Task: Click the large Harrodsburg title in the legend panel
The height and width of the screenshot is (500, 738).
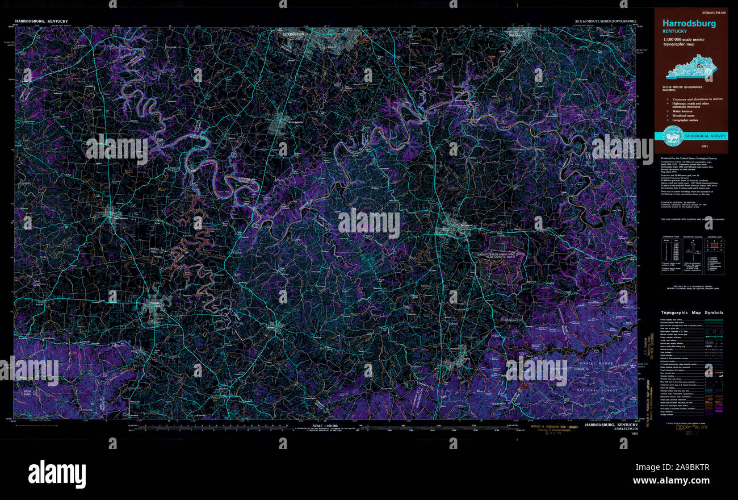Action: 689,23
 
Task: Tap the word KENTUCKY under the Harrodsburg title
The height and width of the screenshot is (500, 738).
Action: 676,31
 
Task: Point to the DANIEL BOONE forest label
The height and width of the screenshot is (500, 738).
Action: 596,363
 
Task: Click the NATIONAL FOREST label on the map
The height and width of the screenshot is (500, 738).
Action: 595,391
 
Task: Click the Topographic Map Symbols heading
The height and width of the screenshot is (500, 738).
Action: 692,312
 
